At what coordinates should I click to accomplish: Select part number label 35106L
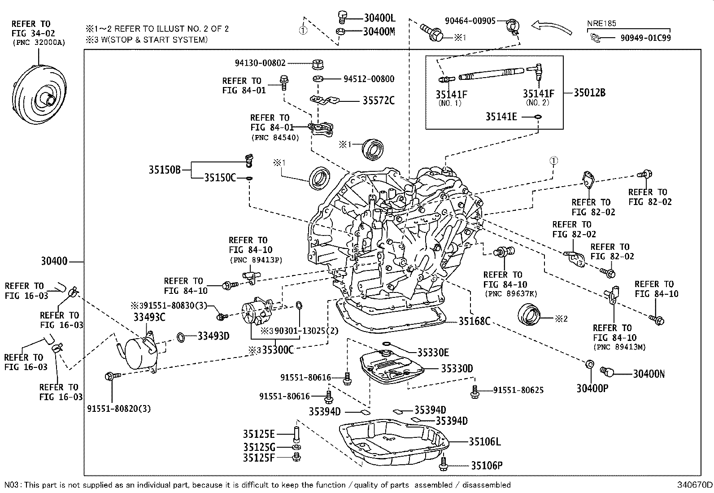[x=485, y=441]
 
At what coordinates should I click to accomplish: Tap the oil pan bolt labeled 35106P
[x=444, y=463]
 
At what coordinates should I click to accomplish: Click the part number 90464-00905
[x=470, y=21]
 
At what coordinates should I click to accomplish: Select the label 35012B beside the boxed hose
[x=590, y=93]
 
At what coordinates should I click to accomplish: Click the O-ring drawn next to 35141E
[x=538, y=117]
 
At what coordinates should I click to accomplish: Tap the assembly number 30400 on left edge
[x=54, y=261]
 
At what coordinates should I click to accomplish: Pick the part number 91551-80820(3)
[x=119, y=409]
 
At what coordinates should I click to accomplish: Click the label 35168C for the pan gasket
[x=474, y=321]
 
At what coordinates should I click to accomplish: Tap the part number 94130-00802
[x=260, y=64]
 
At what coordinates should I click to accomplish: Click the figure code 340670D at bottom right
[x=695, y=485]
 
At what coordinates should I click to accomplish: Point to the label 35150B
[x=165, y=170]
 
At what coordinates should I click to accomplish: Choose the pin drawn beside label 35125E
[x=296, y=434]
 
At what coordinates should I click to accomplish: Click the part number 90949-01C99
[x=645, y=38]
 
